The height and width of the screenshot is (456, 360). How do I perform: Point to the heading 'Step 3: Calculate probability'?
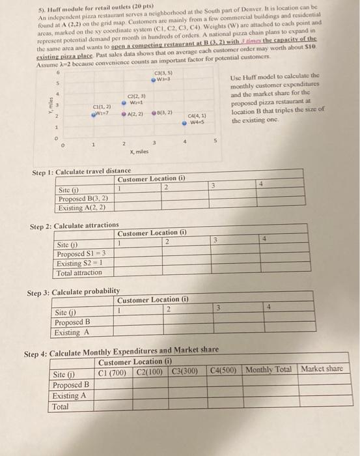click(x=74, y=292)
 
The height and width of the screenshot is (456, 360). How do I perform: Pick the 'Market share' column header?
click(x=322, y=369)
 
